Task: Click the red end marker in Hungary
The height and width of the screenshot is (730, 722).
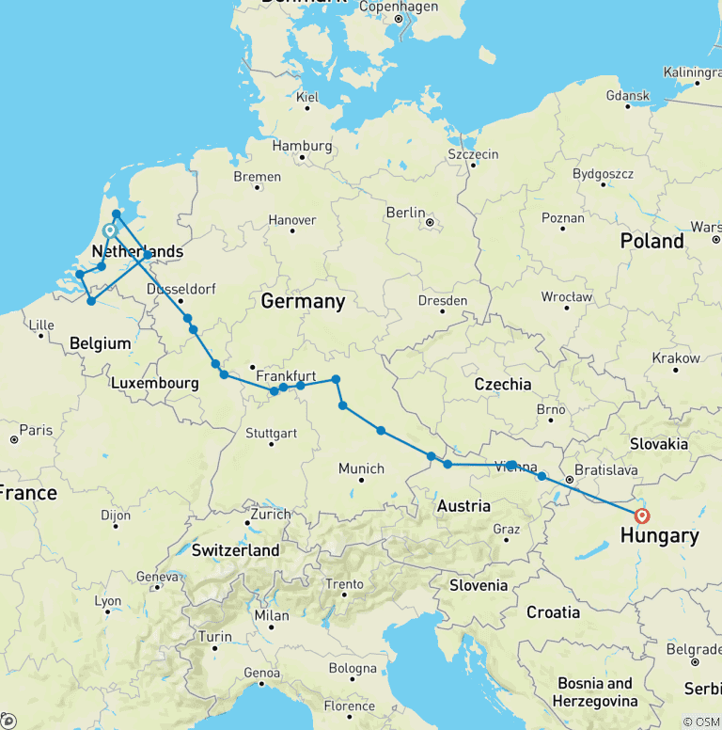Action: pos(642,516)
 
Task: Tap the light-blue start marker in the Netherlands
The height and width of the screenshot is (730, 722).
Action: pos(110,230)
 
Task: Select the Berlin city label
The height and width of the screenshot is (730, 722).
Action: pos(406,214)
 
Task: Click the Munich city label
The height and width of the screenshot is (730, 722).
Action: pos(361,468)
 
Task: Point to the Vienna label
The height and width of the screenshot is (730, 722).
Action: pos(515,467)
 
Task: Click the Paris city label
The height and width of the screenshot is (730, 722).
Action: pos(36,430)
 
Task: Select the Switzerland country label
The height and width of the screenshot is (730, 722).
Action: pos(235,549)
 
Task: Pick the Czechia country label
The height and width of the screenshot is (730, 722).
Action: pos(502,384)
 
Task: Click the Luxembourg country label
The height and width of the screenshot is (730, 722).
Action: pos(154,384)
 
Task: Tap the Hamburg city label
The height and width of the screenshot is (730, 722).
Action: pos(302,146)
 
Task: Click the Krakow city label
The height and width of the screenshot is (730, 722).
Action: pos(677,358)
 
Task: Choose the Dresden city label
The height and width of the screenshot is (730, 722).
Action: pos(442,301)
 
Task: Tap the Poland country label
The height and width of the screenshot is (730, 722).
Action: pos(651,241)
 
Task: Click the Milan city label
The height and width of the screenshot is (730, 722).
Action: pos(271,616)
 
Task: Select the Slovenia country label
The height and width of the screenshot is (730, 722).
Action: pos(479,584)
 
